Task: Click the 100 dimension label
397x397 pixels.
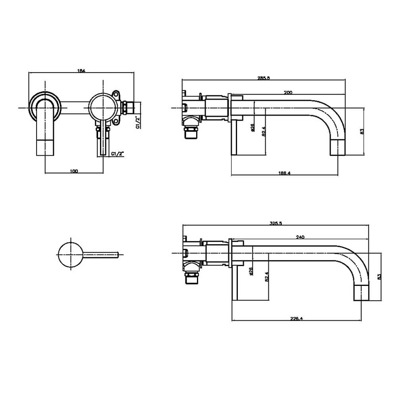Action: [x=74, y=171]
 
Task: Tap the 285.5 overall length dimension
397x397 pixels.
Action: [x=264, y=78]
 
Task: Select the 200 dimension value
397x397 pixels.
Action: [x=288, y=92]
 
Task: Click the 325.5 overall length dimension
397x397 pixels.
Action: [x=276, y=224]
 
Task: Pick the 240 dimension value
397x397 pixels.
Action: [x=300, y=237]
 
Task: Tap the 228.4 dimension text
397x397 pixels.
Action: [x=296, y=318]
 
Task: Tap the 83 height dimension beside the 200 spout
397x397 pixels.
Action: [x=362, y=131]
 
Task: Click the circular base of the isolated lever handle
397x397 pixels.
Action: [x=71, y=254]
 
